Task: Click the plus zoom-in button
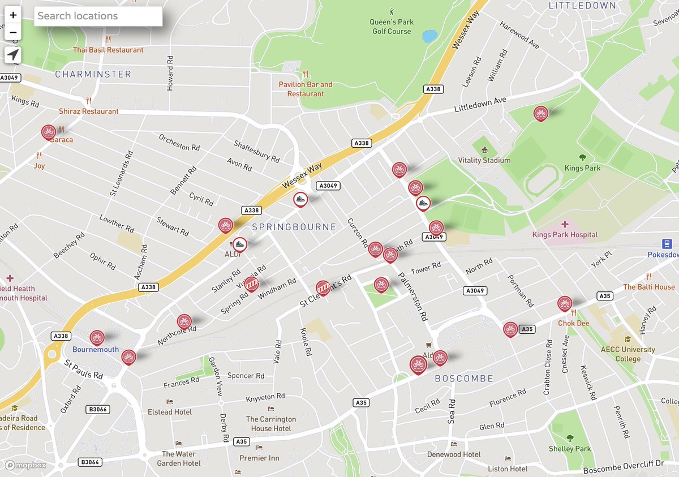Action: click(13, 15)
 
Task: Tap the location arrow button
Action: click(13, 55)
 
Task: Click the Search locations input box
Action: click(98, 16)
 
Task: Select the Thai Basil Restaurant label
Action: click(108, 50)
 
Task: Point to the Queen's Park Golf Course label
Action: click(392, 27)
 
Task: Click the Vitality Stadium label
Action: click(484, 160)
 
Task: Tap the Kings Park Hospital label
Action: click(564, 234)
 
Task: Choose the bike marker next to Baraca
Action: click(49, 132)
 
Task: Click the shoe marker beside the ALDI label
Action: click(239, 244)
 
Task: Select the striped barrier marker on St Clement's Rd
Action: click(323, 288)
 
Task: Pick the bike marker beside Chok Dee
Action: click(564, 303)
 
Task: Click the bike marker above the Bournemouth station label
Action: click(97, 338)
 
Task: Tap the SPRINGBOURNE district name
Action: click(294, 227)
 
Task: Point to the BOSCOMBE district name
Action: click(463, 378)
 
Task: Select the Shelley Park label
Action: click(569, 449)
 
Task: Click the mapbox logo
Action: click(26, 466)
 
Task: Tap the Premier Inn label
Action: click(259, 458)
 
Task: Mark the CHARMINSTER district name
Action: click(93, 74)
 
